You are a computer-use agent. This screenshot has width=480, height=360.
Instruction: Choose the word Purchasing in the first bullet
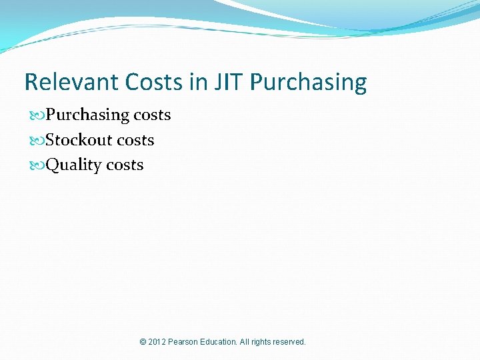click(x=87, y=115)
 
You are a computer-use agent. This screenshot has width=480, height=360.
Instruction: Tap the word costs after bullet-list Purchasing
click(x=152, y=115)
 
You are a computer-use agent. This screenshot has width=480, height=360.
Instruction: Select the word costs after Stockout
click(x=135, y=140)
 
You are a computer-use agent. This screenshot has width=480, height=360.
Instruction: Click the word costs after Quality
click(x=125, y=165)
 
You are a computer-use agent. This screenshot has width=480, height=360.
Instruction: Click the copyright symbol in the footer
click(x=143, y=342)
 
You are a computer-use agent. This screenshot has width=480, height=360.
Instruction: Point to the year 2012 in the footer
click(x=157, y=342)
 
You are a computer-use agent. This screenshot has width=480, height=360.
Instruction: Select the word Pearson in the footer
click(x=185, y=342)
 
